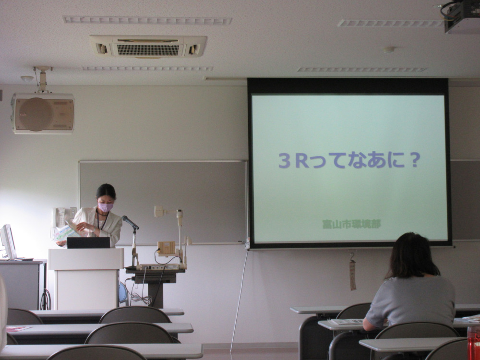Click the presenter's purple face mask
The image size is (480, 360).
(105, 207)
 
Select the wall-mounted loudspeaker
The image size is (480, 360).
(43, 113)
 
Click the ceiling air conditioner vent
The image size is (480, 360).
(148, 46)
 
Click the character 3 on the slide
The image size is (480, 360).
(284, 161)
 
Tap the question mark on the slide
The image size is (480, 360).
(415, 160)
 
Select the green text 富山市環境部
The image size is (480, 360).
(351, 224)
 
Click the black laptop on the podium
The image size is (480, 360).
(88, 242)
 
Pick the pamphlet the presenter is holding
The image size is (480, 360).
(67, 232)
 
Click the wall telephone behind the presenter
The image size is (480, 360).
(60, 218)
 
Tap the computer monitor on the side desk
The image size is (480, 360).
(8, 242)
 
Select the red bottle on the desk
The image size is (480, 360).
(474, 343)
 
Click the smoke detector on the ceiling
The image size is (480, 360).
(389, 49)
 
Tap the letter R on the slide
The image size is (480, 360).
(302, 160)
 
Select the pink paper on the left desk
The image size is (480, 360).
(18, 329)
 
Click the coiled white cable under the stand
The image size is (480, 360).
(141, 298)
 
